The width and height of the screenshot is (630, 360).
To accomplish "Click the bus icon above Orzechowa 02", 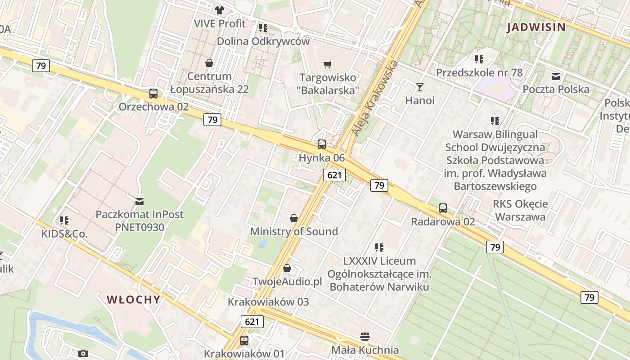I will tap(153, 94).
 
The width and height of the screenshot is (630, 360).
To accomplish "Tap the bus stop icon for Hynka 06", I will tap(322, 144).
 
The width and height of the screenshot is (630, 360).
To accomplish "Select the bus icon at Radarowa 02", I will tap(443, 208).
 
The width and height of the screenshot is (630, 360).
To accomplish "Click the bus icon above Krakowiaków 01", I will tap(244, 340).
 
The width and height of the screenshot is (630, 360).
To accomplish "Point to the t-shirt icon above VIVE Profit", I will tap(220, 10).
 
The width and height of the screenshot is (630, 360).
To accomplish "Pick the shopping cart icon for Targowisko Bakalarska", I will tap(328, 65).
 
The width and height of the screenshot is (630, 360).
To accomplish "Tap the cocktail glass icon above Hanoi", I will tap(420, 87).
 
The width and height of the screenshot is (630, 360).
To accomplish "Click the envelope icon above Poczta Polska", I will tap(556, 76).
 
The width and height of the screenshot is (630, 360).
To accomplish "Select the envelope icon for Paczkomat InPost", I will tap(139, 201).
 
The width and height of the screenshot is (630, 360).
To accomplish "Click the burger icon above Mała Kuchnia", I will tap(365, 337).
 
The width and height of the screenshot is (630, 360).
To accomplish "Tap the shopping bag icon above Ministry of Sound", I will tap(294, 218).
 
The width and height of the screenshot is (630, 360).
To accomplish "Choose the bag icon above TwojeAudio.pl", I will tap(287, 268).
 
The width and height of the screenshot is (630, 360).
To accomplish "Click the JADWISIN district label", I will tap(536, 27).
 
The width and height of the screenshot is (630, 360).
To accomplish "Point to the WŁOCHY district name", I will tap(133, 300).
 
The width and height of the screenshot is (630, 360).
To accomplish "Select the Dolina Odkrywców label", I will tap(263, 41).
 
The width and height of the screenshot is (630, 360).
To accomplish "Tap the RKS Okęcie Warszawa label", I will tap(520, 210).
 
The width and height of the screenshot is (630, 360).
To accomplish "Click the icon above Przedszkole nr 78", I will tap(479, 59).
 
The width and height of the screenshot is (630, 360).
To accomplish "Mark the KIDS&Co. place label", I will tap(64, 234).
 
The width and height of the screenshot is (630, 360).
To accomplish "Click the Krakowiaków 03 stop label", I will tap(268, 301).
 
